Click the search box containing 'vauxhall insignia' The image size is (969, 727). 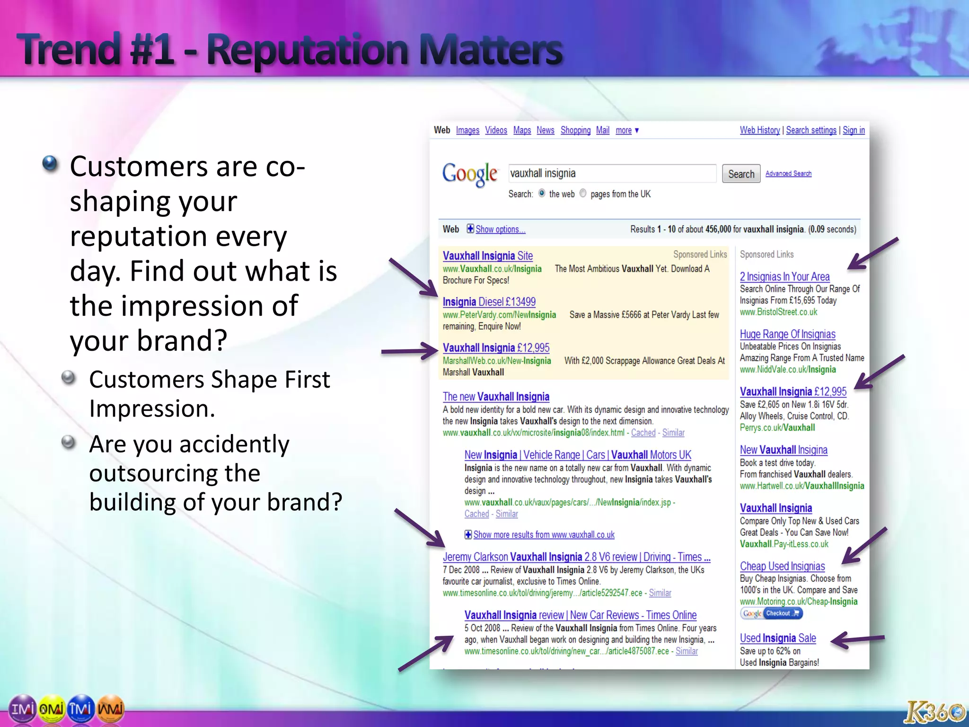[612, 173]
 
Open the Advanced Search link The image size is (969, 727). [788, 174]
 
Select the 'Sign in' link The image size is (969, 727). [854, 130]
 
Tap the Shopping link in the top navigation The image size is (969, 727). [575, 130]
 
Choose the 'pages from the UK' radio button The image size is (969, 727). [583, 193]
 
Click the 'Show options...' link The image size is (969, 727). [500, 230]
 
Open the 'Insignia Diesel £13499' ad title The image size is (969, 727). [489, 302]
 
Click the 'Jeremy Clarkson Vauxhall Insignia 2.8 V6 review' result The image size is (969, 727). [576, 557]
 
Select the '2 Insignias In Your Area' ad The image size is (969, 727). [784, 277]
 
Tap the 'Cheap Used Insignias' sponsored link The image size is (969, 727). [782, 567]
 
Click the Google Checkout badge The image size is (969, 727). [771, 614]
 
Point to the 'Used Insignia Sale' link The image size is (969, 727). [778, 638]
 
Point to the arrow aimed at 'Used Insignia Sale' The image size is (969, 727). [857, 640]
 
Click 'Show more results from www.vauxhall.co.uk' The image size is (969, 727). [544, 535]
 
